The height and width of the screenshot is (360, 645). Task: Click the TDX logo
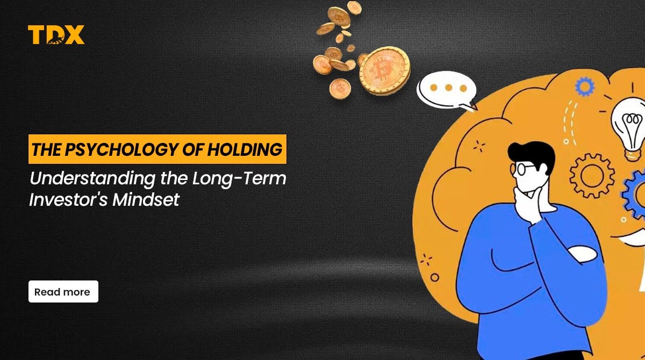point(56,35)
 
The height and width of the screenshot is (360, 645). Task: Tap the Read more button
point(63,292)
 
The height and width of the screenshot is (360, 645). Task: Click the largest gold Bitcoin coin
point(384,70)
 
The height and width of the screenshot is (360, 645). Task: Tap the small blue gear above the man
point(584,86)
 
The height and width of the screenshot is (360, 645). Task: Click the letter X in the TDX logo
point(74,35)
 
